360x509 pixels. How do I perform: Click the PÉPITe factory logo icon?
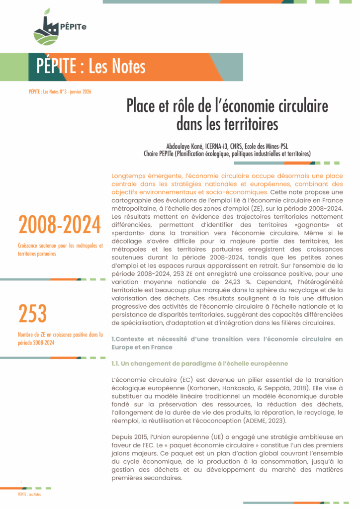[46, 29]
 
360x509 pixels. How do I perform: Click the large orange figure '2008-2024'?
[60, 226]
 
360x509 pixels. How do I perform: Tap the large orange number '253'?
[32, 314]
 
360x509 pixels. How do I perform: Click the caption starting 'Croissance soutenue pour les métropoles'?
[60, 250]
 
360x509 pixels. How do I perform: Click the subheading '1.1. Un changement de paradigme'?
[200, 363]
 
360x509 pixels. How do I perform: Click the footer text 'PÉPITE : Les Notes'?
[29, 495]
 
